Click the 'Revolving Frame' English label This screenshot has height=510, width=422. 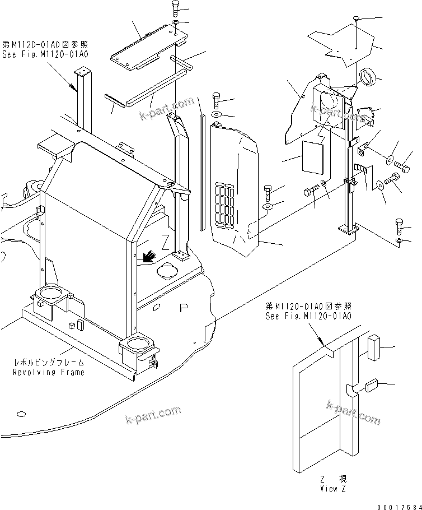(49, 372)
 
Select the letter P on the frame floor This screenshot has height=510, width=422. (182, 308)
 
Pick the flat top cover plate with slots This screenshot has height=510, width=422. (146, 49)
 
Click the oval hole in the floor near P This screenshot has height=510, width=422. (168, 272)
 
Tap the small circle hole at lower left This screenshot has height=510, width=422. (21, 414)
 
